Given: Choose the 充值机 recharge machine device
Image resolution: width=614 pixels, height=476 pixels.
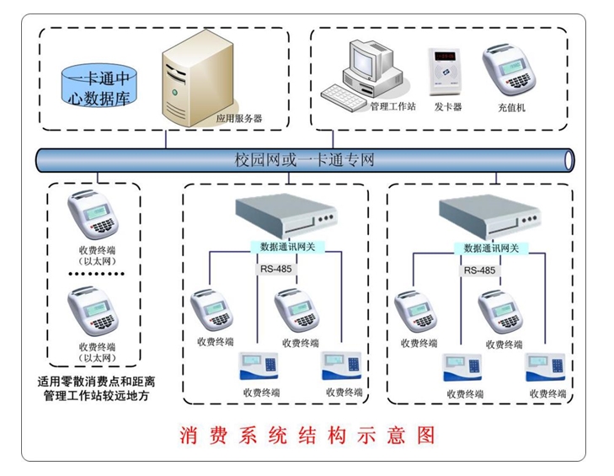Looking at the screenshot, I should click(x=510, y=70).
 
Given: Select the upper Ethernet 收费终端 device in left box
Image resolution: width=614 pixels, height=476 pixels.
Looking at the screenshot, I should click(x=93, y=215).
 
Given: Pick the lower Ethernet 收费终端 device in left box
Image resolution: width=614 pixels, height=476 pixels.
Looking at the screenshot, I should click(x=93, y=310).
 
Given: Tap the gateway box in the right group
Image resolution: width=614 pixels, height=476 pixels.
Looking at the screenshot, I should click(x=492, y=218).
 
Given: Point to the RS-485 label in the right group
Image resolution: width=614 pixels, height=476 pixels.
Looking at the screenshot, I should click(x=479, y=270).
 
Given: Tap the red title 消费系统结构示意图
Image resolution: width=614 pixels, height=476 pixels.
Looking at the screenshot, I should click(x=307, y=436).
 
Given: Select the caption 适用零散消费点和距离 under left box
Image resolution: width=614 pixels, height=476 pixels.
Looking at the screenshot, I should click(x=97, y=381).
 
